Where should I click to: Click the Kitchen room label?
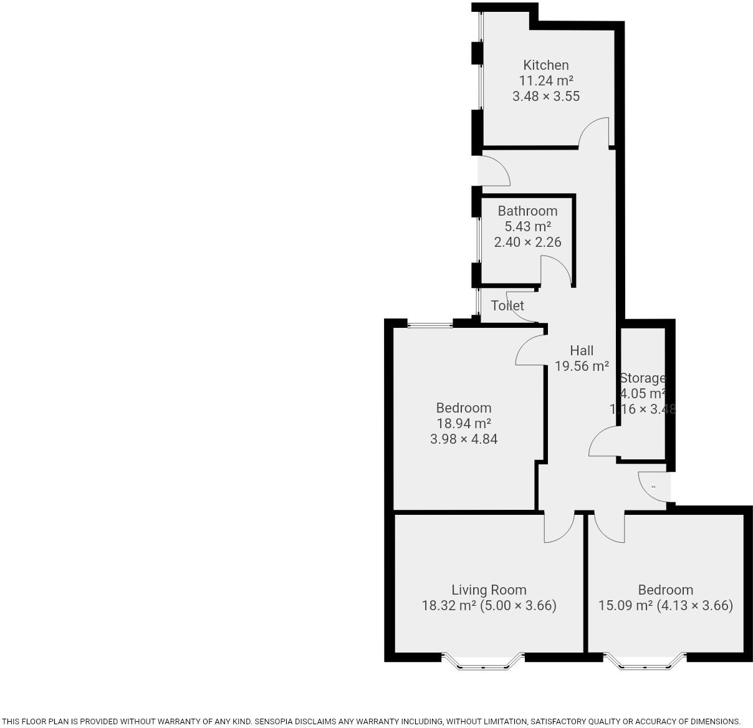pos(545,65)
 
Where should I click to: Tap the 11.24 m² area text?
pos(545,80)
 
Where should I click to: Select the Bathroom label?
pos(527,211)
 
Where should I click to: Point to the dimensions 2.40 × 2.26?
pos(527,242)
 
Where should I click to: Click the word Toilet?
pos(507,305)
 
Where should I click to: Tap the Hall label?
pos(581,350)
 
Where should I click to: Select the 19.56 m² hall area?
pos(581,366)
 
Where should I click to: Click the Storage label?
pos(642,378)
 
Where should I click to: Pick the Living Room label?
pos(489,590)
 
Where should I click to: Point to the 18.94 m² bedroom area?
pos(464,423)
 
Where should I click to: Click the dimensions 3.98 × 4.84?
pos(464,439)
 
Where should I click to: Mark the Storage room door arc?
pos(602,441)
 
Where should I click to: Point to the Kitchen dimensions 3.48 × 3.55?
pos(545,96)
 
